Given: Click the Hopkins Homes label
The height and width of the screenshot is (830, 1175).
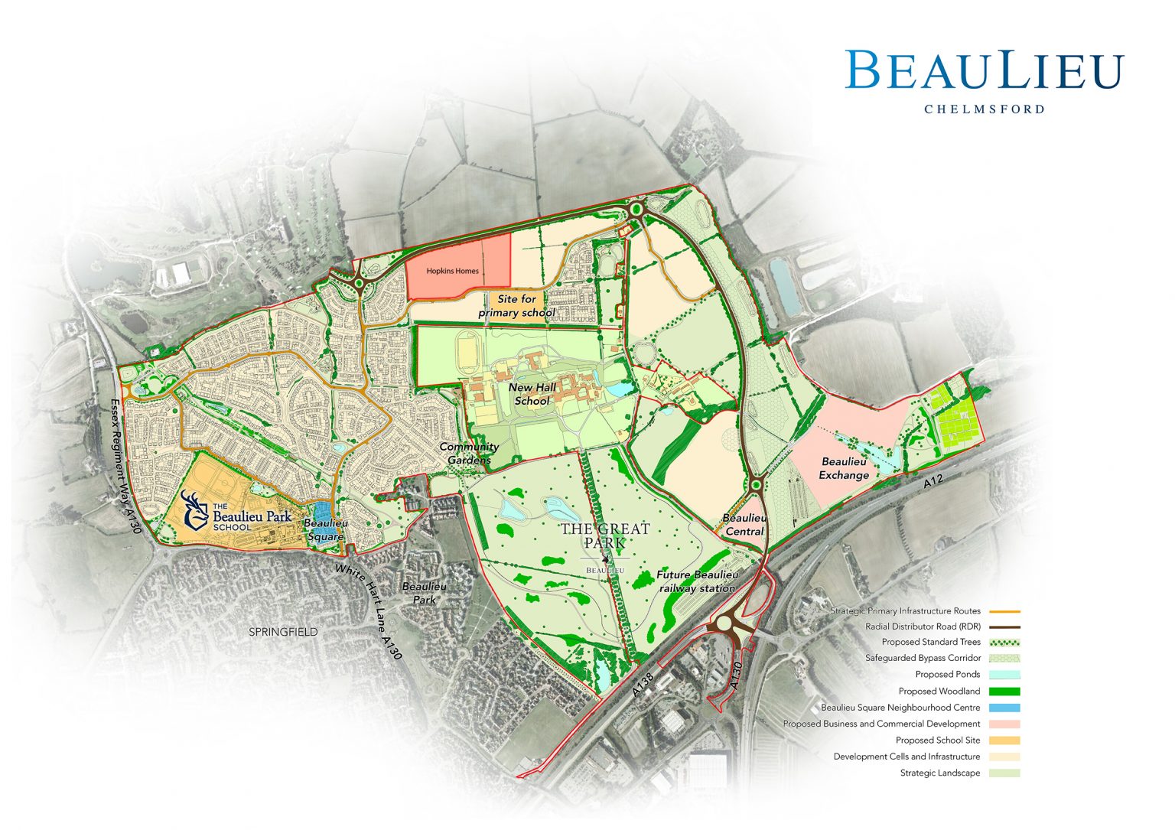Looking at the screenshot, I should (x=452, y=271).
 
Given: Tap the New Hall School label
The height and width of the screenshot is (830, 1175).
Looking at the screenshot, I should (x=533, y=395).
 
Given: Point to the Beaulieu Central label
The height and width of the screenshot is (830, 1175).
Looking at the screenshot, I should (x=744, y=525).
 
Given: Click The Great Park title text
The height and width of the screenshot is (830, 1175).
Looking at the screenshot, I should (x=604, y=535).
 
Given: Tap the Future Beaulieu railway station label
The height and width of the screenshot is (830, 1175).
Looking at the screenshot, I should (x=697, y=581).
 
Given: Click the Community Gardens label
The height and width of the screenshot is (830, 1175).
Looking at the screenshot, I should (x=469, y=453).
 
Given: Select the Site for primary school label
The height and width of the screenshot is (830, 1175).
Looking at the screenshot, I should (x=516, y=306).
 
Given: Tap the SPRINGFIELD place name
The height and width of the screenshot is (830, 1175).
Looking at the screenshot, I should (x=283, y=632).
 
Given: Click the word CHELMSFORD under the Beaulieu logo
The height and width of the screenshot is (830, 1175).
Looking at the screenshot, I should (x=984, y=109).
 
